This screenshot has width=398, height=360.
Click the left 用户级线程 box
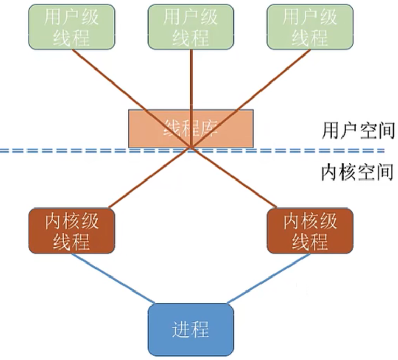71,27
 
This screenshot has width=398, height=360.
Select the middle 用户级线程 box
191,27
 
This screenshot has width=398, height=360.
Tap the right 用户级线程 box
310,27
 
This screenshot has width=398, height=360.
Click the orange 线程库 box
191,128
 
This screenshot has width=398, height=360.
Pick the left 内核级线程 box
71,231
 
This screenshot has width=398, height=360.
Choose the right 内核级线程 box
310,231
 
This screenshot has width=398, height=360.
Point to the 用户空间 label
358,130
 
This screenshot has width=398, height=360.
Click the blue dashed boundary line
78,150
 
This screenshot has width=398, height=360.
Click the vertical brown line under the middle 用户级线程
191,78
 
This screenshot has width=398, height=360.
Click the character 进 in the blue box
181,329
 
